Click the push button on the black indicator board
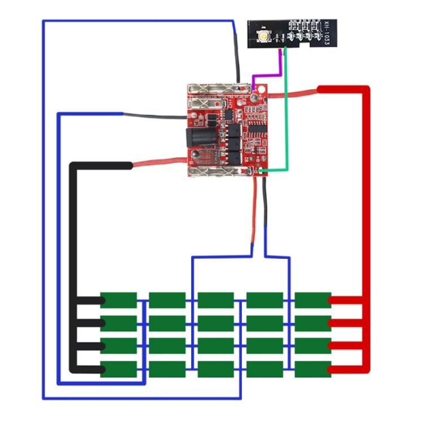pyautogui.click(x=264, y=37)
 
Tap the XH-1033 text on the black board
pyautogui.click(x=327, y=33)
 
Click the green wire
pyautogui.click(x=287, y=113)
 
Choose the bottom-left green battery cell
pyautogui.click(x=119, y=369)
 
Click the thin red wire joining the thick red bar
pyautogui.click(x=294, y=93)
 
